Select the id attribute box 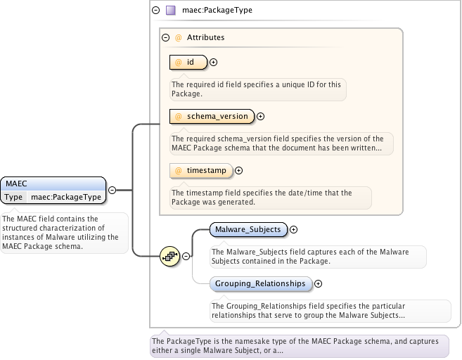coord(189,63)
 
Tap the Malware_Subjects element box coord(248,229)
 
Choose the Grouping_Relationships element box coord(260,283)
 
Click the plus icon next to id coord(213,63)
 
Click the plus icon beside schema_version coord(260,117)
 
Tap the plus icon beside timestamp coord(238,170)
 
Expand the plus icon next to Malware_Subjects coord(294,229)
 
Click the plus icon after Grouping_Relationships coord(318,284)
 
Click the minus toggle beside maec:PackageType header coord(155,11)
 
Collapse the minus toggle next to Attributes coord(165,38)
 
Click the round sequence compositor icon coord(169,257)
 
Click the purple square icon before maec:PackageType coord(170,11)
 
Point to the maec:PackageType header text coord(217,11)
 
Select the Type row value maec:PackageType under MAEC coord(65,197)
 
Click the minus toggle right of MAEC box coord(111,190)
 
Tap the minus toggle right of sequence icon coord(186,257)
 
